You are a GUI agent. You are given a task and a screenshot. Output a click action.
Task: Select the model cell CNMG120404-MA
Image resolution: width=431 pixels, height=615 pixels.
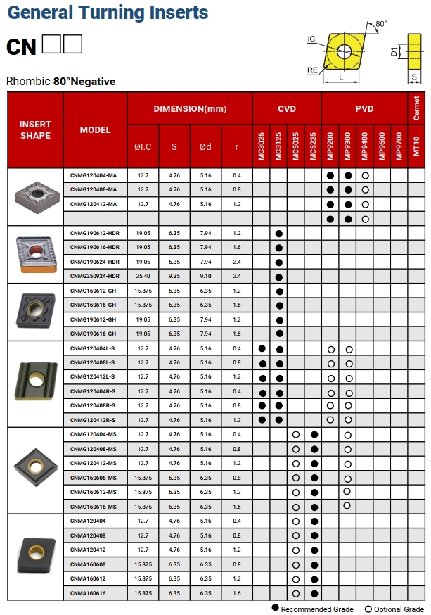pyautogui.click(x=94, y=175)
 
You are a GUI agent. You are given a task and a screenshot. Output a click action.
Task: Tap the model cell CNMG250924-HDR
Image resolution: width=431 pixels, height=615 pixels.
pyautogui.click(x=94, y=276)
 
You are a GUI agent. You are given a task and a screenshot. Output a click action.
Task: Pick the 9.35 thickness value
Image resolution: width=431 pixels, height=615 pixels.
pyautogui.click(x=174, y=276)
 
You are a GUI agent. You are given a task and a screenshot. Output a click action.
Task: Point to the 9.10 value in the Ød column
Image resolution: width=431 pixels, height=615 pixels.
pyautogui.click(x=205, y=276)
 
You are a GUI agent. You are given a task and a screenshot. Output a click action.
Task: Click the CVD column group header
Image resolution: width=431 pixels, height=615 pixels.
pyautogui.click(x=287, y=108)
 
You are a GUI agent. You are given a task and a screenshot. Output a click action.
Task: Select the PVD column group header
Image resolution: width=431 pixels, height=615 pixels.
pyautogui.click(x=364, y=108)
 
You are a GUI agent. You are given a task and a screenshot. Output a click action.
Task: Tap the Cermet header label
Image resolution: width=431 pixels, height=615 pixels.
pyautogui.click(x=416, y=108)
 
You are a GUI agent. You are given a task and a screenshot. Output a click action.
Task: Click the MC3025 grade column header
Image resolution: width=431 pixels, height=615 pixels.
pyautogui.click(x=262, y=146)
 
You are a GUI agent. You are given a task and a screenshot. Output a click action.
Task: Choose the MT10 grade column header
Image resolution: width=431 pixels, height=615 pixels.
pyautogui.click(x=416, y=146)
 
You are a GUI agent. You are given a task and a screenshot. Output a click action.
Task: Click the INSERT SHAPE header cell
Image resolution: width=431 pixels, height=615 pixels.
pyautogui.click(x=35, y=129)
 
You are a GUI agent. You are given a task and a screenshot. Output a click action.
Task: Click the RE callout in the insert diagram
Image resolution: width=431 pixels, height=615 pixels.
pyautogui.click(x=312, y=70)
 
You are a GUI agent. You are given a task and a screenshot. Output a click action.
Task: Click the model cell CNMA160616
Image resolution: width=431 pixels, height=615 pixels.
pyautogui.click(x=88, y=593)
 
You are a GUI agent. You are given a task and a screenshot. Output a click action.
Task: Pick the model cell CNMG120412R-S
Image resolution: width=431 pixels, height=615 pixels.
pyautogui.click(x=94, y=420)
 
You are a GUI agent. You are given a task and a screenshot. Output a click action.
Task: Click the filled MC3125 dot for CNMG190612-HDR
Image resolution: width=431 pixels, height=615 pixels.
pyautogui.click(x=279, y=233)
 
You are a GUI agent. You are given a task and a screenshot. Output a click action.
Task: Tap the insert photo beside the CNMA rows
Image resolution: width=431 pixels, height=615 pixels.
pyautogui.click(x=35, y=556)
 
